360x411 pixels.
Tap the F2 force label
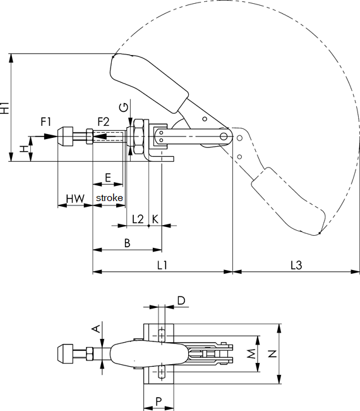point(103,121)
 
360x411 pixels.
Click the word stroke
point(109,199)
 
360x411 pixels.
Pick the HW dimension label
point(75,199)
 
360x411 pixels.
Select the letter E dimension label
point(108,178)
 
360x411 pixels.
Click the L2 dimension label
point(138,219)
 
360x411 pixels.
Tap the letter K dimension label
point(155,219)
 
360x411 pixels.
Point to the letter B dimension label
point(127,243)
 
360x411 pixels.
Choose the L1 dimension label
point(162,266)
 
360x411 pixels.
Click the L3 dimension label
point(296,266)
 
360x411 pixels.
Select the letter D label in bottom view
point(181,301)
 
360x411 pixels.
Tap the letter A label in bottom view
point(96,328)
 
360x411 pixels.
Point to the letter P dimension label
point(159,401)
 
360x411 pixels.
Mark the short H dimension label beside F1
point(23,149)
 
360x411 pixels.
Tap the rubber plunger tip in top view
point(66,353)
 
